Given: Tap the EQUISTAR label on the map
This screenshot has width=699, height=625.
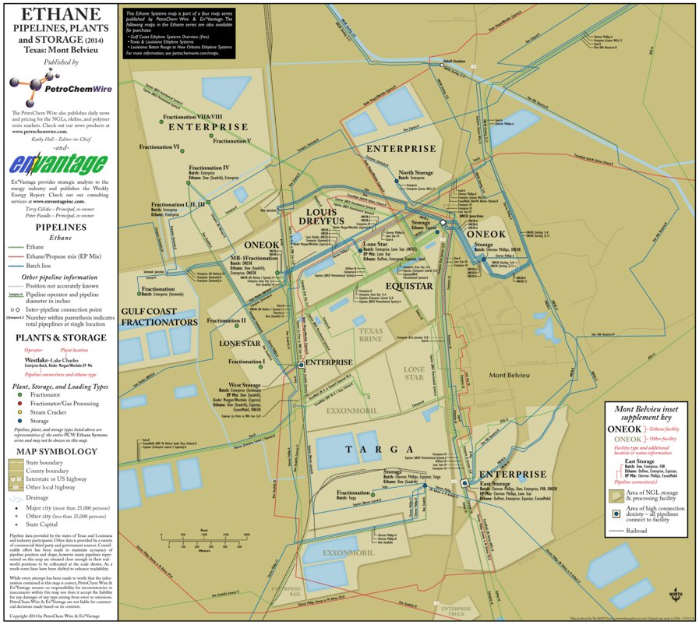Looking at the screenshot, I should pos(408,286).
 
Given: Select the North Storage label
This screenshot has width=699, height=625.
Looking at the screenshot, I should pos(415,172).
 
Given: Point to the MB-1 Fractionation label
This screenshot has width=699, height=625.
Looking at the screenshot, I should pos(252,258).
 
